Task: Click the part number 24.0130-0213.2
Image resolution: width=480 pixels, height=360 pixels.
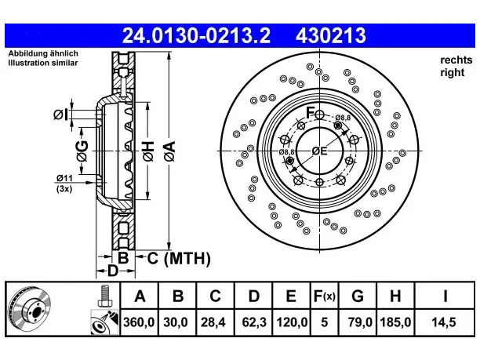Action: click(x=196, y=35)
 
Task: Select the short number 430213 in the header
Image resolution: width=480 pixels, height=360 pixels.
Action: click(x=331, y=35)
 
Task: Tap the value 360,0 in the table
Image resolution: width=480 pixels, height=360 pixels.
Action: click(x=139, y=322)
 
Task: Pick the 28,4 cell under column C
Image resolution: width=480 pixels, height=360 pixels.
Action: click(x=213, y=322)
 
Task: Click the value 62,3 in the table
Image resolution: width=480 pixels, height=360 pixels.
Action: click(x=254, y=322)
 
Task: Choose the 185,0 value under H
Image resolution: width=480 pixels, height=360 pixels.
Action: click(x=395, y=322)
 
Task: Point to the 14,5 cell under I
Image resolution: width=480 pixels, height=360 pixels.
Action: click(x=444, y=322)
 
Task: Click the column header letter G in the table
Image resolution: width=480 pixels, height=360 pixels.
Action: click(x=358, y=296)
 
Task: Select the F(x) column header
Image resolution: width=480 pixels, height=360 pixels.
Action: click(x=325, y=296)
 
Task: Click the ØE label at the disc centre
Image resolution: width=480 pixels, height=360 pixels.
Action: click(x=319, y=151)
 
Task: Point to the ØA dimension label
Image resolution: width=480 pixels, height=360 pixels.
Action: click(x=170, y=151)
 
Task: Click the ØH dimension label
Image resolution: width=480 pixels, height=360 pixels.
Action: click(x=148, y=151)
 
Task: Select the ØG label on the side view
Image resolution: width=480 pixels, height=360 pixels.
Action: click(x=82, y=151)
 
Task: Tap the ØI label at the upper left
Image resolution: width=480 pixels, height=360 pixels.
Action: click(x=60, y=115)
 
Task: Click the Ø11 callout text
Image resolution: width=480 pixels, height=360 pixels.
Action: click(x=64, y=178)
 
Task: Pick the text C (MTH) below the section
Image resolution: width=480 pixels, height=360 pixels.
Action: click(x=179, y=259)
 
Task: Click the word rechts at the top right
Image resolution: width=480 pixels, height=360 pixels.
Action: click(x=456, y=60)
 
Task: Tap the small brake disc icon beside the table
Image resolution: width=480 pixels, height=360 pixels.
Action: click(x=29, y=308)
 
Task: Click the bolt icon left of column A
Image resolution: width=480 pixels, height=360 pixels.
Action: click(x=105, y=296)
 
